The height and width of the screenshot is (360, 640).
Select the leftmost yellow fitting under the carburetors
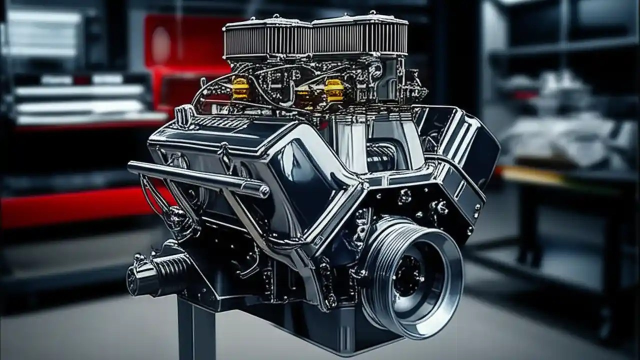[x=240, y=88]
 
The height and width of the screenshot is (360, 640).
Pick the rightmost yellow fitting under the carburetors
[x=334, y=90]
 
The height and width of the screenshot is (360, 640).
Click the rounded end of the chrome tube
[x=263, y=190]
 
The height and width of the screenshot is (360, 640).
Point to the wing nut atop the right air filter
[x=372, y=13]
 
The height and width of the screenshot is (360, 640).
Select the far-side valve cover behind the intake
[x=465, y=140]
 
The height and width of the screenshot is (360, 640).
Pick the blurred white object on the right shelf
[x=560, y=130]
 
